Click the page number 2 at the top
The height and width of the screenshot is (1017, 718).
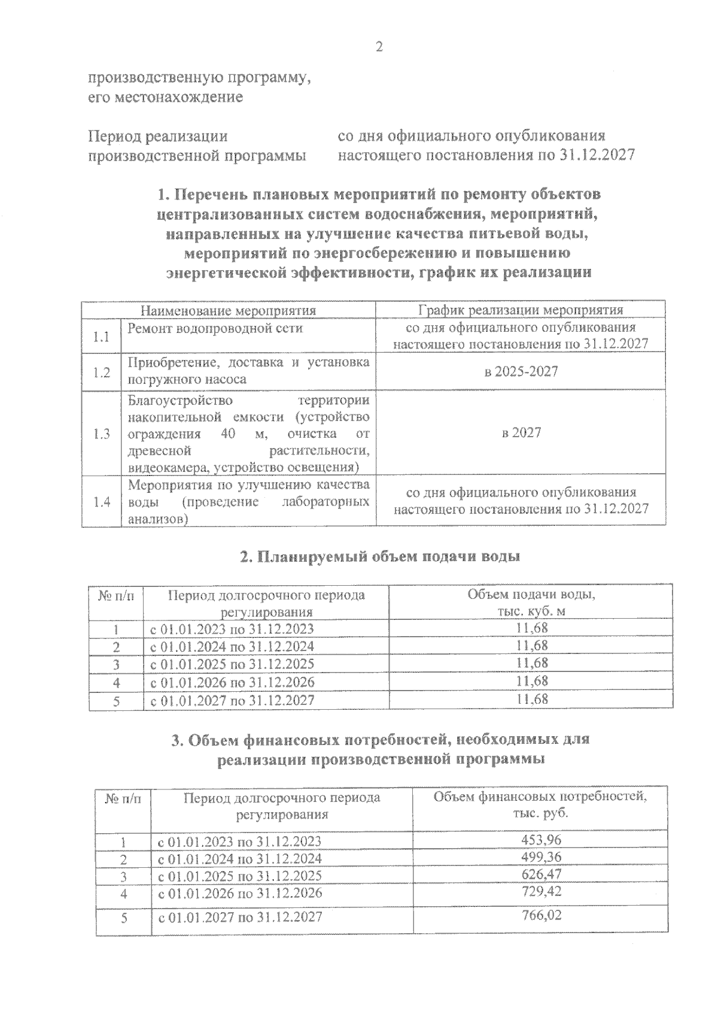pyautogui.click(x=378, y=47)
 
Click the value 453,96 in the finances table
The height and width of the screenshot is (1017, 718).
pyautogui.click(x=541, y=839)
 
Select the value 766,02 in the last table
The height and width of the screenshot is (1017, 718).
pyautogui.click(x=541, y=916)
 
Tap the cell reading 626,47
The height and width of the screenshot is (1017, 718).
pyautogui.click(x=541, y=874)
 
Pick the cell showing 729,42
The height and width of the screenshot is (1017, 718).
pyautogui.click(x=541, y=891)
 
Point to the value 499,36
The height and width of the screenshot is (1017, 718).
pyautogui.click(x=541, y=857)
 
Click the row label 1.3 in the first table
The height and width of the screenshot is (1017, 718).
pyautogui.click(x=101, y=434)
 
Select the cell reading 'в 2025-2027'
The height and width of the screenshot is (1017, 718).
pyautogui.click(x=521, y=371)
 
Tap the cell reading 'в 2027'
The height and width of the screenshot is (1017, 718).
pyautogui.click(x=521, y=432)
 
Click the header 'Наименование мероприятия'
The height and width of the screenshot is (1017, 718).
pyautogui.click(x=228, y=310)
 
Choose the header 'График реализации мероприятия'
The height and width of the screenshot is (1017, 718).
pyautogui.click(x=521, y=310)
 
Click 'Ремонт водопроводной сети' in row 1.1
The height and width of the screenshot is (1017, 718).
pyautogui.click(x=215, y=328)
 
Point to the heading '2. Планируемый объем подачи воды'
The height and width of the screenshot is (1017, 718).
pyautogui.click(x=380, y=556)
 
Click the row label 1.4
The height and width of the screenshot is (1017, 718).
pyautogui.click(x=101, y=502)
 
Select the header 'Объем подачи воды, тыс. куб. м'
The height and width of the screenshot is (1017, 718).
pyautogui.click(x=531, y=603)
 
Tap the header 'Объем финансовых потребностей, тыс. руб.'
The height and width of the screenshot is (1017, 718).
pyautogui.click(x=540, y=805)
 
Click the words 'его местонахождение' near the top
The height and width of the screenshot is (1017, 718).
pyautogui.click(x=165, y=97)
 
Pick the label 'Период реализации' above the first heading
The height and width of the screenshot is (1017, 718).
pyautogui.click(x=158, y=137)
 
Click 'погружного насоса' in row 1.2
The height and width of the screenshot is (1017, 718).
pyautogui.click(x=187, y=379)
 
